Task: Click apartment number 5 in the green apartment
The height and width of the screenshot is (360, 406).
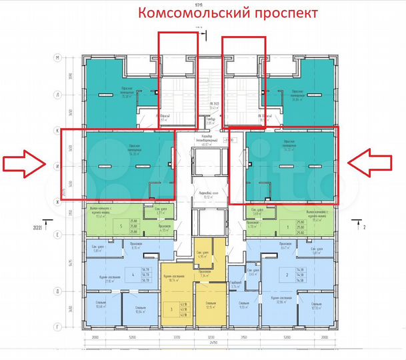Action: tap(121, 226)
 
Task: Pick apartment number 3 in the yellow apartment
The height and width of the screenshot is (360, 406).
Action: tap(171, 310)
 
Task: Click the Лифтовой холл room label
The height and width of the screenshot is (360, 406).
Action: tap(203, 195)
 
